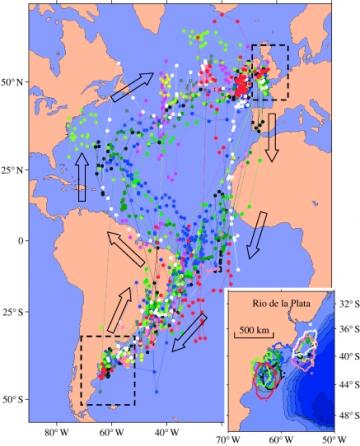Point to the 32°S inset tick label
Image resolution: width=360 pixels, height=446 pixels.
[343, 300]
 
